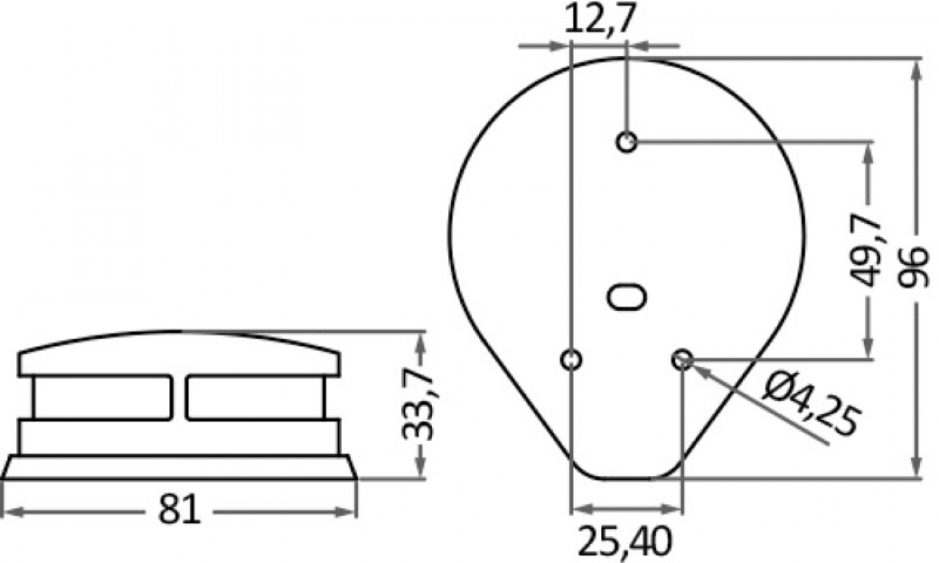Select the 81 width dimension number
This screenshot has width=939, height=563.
(x=180, y=509)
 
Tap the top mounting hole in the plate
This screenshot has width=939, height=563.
(x=627, y=143)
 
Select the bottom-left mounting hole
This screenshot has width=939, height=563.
(x=572, y=360)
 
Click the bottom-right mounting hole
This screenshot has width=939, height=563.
(x=682, y=360)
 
